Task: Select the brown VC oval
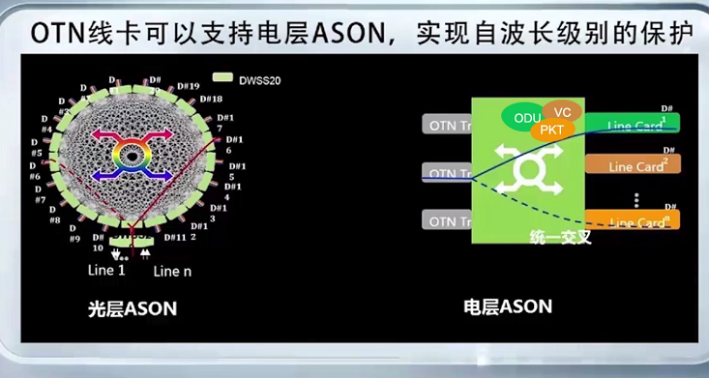pos(562,112)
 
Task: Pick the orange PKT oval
pos(551,129)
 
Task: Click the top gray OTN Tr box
pos(447,124)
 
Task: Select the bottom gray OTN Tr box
pos(447,220)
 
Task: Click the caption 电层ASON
pos(508,307)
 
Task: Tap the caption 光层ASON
pos(133,308)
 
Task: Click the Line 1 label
pos(106,270)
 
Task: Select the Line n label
pos(172,271)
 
